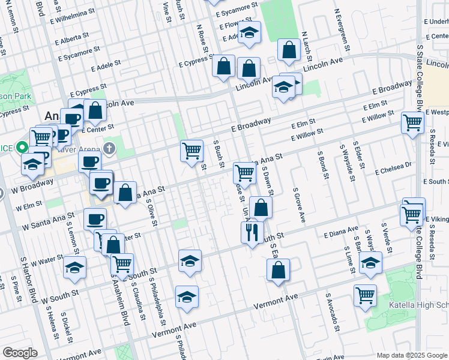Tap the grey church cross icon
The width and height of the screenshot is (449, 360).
pos(109,148)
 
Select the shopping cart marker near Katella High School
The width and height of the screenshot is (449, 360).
pos(365,295)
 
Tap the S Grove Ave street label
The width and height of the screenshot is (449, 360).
pos(299,205)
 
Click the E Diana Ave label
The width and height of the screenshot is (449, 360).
pos(341,231)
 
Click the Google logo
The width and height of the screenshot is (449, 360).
pos(19,352)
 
